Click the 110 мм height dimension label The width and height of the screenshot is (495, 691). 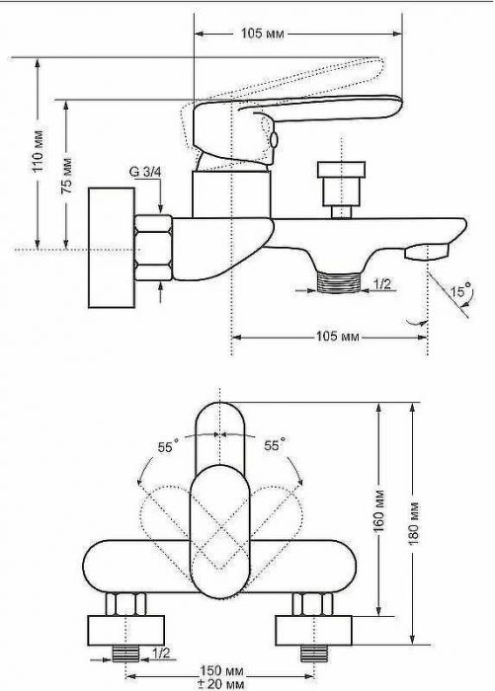pyautogui.click(x=40, y=151)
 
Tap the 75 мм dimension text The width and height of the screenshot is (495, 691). pyautogui.click(x=67, y=176)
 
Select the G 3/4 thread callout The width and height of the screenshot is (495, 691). pyautogui.click(x=145, y=172)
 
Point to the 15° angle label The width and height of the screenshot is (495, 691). pyautogui.click(x=461, y=291)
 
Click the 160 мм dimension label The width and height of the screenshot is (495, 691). pyautogui.click(x=379, y=509)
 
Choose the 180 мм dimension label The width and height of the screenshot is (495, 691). pyautogui.click(x=414, y=523)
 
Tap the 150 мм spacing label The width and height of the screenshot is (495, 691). pyautogui.click(x=221, y=671)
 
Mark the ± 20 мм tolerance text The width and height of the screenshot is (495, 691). pyautogui.click(x=220, y=684)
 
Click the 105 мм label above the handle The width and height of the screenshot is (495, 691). pyautogui.click(x=263, y=33)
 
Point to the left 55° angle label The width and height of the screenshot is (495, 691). pyautogui.click(x=168, y=447)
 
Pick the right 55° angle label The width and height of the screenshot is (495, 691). pyautogui.click(x=275, y=445)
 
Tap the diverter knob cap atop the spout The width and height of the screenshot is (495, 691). pyautogui.click(x=342, y=170)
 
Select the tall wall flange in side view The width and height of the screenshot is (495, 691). pyautogui.click(x=112, y=248)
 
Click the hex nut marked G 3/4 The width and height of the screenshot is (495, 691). pyautogui.click(x=152, y=248)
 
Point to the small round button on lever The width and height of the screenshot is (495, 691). pyautogui.click(x=274, y=140)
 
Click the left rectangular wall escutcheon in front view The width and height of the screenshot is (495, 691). pyautogui.click(x=126, y=630)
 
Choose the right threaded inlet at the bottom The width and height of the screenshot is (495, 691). pyautogui.click(x=313, y=653)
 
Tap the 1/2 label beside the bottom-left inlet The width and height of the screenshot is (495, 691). pyautogui.click(x=161, y=653)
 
